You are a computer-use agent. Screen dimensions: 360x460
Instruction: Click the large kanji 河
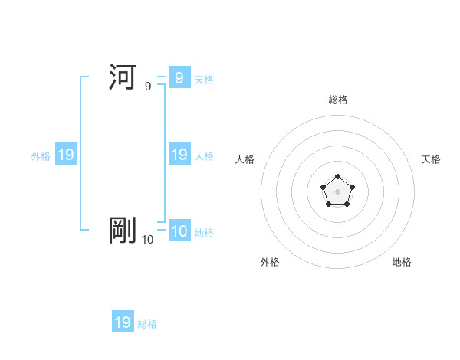tap(123, 77)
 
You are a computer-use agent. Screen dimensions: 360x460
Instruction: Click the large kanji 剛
tap(123, 231)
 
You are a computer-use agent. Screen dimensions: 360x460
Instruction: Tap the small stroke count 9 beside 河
tap(148, 87)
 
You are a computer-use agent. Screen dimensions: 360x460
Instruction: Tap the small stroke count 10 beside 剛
tap(147, 240)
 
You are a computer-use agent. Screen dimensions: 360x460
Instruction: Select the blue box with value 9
tap(179, 77)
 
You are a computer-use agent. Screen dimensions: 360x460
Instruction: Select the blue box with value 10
tap(179, 231)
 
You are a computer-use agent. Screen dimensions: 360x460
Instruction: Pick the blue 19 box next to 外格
tap(65, 155)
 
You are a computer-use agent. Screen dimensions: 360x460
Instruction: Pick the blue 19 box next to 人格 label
tap(179, 155)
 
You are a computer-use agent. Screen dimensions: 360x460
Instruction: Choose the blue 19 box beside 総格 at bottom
tap(123, 322)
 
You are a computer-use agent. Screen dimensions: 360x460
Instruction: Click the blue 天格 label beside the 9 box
tap(204, 80)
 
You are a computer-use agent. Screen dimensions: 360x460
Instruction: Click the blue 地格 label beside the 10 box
tap(204, 233)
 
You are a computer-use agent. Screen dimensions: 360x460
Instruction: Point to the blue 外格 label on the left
tap(41, 156)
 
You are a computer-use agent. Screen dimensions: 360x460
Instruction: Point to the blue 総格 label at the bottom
tap(147, 324)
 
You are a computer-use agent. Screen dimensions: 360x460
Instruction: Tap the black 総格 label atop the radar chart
tap(337, 100)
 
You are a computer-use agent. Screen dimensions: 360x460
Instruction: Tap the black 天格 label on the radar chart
tap(431, 159)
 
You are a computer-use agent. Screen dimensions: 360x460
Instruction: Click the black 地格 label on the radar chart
tap(402, 262)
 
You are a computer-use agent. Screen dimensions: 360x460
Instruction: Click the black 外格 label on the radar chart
tap(270, 262)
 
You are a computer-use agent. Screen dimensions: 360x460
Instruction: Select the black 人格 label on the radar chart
tap(245, 159)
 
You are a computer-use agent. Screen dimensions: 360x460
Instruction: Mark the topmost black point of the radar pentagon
tap(337, 177)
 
